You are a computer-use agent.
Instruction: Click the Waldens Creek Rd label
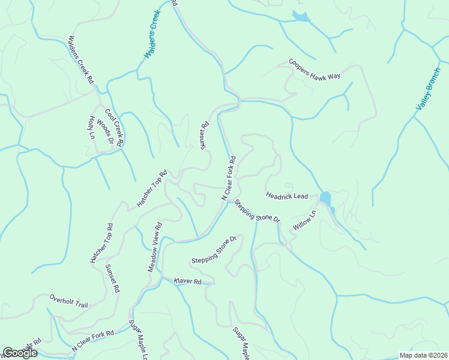point(82,60)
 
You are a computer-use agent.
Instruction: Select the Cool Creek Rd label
point(113,128)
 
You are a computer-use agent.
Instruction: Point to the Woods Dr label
point(106,132)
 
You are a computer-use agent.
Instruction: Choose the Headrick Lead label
point(287,196)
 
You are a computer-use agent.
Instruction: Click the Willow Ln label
point(304,221)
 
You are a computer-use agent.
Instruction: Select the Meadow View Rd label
point(155,248)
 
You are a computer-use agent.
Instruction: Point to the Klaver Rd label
point(187,281)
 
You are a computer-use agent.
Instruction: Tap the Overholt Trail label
point(68,301)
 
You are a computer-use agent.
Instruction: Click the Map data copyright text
point(423,355)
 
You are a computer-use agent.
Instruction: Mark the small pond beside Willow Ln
point(325,198)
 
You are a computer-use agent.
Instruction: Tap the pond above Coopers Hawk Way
point(300,17)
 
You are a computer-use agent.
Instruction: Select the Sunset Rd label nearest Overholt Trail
point(112,278)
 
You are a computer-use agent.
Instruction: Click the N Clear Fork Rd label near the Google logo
point(92,341)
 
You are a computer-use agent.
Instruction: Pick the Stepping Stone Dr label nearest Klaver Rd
point(214,251)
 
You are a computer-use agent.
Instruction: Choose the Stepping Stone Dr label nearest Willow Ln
point(258,211)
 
